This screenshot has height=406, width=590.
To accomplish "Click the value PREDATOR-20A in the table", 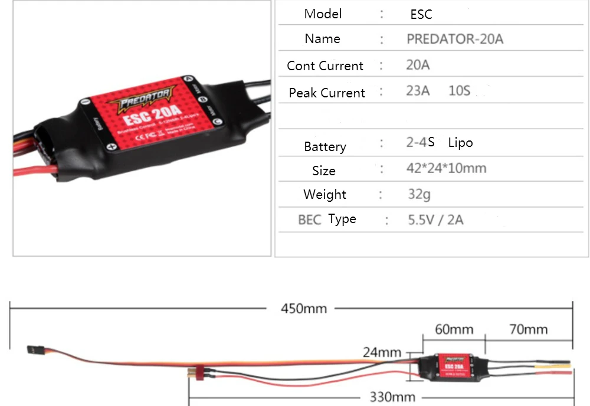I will point(455,40).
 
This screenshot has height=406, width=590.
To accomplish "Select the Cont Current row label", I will point(325,66).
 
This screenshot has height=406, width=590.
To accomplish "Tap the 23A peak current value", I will point(418,91).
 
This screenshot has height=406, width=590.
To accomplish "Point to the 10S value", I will point(460,91).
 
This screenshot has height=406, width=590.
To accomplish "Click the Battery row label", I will point(325,146).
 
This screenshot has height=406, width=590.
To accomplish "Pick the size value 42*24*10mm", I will point(447,168).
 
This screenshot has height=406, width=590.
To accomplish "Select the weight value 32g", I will point(419,194).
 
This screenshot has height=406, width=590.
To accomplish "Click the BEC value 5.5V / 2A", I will point(435,220).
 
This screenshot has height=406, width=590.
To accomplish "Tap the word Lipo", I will point(460,143).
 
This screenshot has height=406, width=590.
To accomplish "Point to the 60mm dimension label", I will point(454,329).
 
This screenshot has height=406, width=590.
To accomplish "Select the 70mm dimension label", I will point(528,329).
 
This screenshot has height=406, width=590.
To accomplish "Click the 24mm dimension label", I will point(382,353).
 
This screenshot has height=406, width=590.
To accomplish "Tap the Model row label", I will point(323,14).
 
